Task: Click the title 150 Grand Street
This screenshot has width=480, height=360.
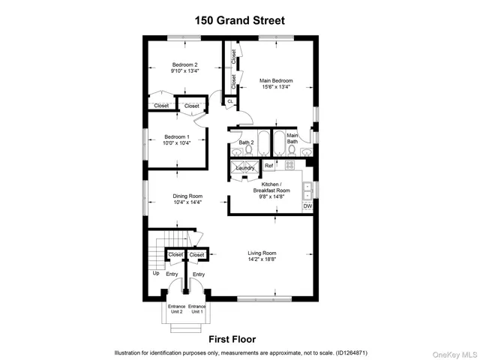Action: click(x=240, y=21)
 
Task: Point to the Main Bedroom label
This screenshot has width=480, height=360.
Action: click(x=276, y=80)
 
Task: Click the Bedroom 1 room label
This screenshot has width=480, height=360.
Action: click(x=177, y=136)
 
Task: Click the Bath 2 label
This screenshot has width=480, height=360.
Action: click(x=247, y=142)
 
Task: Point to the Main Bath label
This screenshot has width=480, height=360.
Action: click(x=292, y=138)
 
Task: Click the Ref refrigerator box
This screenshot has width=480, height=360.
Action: click(x=268, y=165)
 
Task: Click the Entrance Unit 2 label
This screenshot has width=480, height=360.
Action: click(x=175, y=309)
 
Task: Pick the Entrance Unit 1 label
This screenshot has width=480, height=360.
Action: click(x=197, y=309)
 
